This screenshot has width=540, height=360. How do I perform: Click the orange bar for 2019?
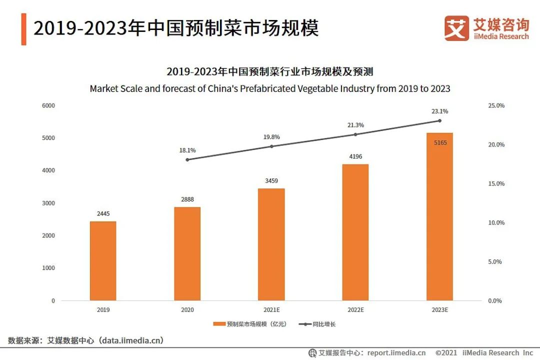pos(103,260)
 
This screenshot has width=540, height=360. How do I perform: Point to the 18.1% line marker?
pos(187,159)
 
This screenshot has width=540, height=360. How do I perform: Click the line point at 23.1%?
pos(439,120)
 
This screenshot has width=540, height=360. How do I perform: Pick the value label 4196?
pos(355,157)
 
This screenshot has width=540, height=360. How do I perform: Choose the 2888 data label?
pos(187,199)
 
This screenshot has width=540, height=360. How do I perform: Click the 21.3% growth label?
pos(355,125)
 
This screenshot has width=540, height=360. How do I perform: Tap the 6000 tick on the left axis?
pos(48,105)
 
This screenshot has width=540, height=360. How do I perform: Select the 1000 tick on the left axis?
pos(48,268)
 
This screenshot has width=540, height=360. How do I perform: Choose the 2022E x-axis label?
pos(355,310)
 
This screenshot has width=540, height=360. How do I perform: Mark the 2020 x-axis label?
pos(187,310)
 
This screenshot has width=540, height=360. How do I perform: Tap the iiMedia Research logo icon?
pos(456,28)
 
